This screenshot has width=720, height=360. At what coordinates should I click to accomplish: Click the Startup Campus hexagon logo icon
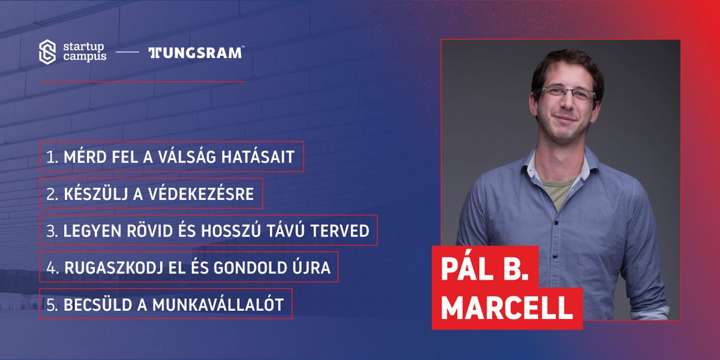(47, 52)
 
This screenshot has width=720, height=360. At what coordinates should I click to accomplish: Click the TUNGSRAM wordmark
(195, 53)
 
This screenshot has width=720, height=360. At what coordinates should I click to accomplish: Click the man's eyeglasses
(568, 94)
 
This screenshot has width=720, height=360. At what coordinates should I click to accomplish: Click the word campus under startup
(85, 56)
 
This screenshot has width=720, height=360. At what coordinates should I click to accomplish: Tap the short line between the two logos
(127, 53)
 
